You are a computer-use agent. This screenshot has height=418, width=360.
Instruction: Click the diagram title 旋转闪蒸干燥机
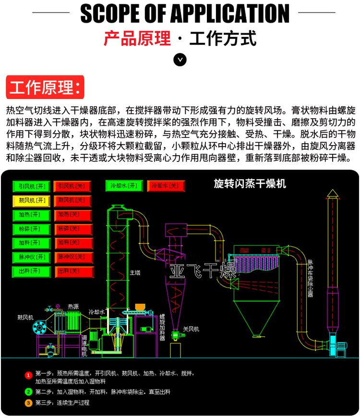250,184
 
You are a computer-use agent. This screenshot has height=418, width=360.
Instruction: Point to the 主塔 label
135,272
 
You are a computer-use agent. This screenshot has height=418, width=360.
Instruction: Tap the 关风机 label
191,329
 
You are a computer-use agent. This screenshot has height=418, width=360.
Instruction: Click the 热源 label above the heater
73,306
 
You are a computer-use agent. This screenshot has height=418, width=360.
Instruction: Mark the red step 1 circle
29,375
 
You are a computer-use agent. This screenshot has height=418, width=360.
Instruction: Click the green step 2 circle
29,392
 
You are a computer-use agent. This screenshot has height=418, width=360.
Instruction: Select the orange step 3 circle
29,403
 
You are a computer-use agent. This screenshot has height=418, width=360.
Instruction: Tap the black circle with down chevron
180,60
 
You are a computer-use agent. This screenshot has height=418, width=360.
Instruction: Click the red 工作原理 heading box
45,87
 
